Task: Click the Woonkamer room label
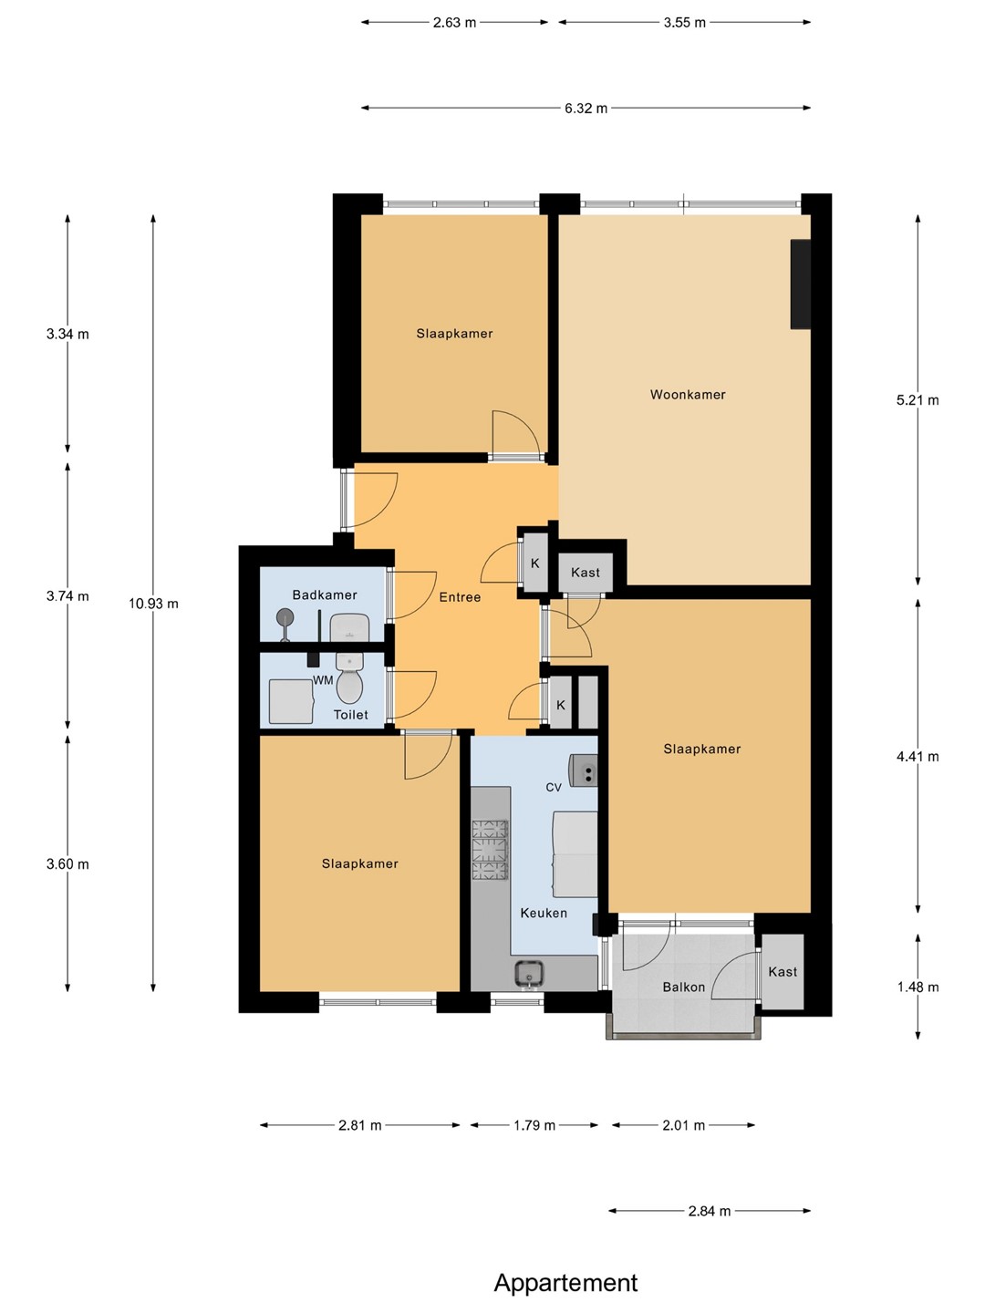coord(687,394)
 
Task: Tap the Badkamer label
coord(324,594)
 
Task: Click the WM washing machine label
coord(323,680)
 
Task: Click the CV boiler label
coord(554,787)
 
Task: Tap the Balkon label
coord(684,987)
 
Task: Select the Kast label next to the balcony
coord(783,971)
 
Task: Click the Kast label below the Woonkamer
coord(585,573)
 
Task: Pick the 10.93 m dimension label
coord(153,604)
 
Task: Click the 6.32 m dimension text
coord(586,109)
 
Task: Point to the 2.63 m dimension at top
coord(454,23)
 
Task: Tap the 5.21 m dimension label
coord(918,400)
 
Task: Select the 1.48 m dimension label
coord(918,987)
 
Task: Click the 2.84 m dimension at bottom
coord(710,1211)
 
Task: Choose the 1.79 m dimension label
coord(534,1126)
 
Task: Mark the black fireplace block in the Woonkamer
coord(800,284)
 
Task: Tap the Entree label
coord(460,597)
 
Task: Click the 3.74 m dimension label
coord(67,596)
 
